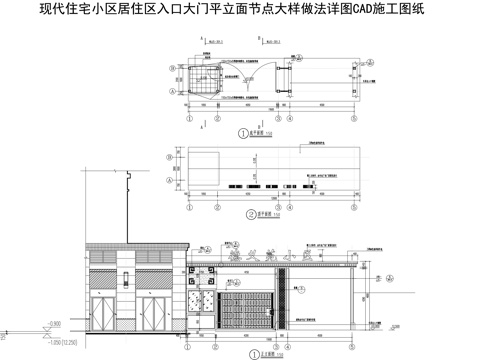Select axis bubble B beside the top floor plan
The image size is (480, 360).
(x=172, y=71)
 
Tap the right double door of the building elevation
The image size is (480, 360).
(x=157, y=310)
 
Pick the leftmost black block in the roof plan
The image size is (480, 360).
(x=231, y=186)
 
